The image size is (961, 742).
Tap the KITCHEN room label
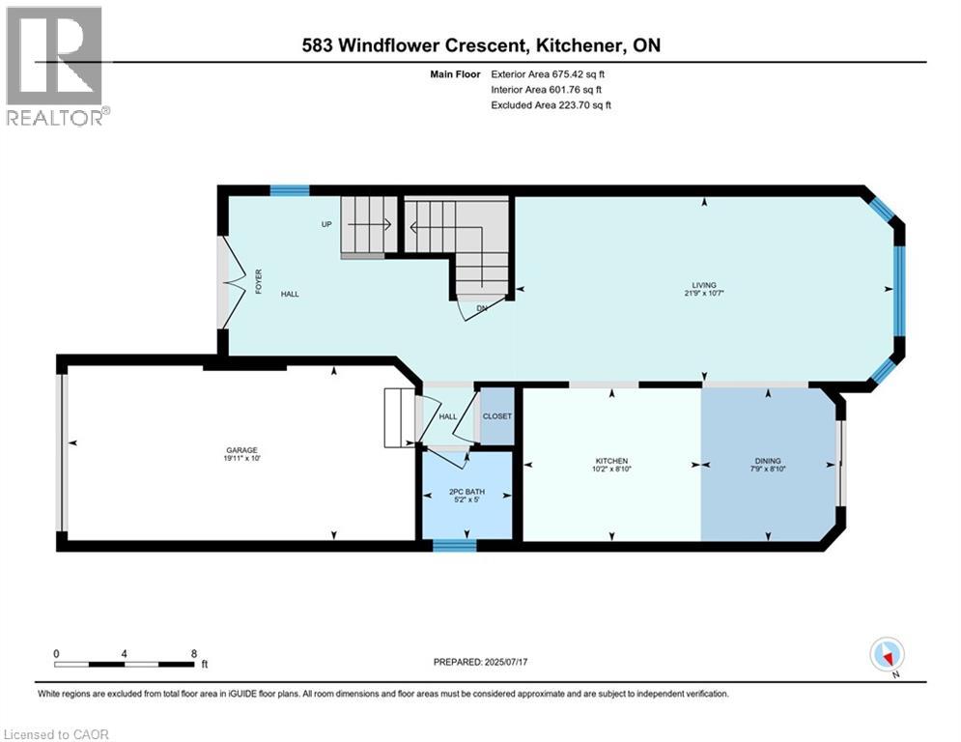(611, 461)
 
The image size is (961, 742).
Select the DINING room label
(768, 461)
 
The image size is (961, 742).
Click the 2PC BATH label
(467, 492)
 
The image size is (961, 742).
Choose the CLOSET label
(497, 416)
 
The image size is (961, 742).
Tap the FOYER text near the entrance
(258, 281)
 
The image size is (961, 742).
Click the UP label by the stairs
(327, 224)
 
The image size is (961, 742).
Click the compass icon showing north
(886, 655)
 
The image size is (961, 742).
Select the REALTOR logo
(55, 66)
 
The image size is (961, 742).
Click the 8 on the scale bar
(194, 653)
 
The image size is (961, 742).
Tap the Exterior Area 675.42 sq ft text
(549, 74)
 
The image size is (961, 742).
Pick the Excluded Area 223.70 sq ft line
(551, 105)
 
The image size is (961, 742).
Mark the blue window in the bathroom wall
(454, 546)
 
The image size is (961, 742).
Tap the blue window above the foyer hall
(289, 190)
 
